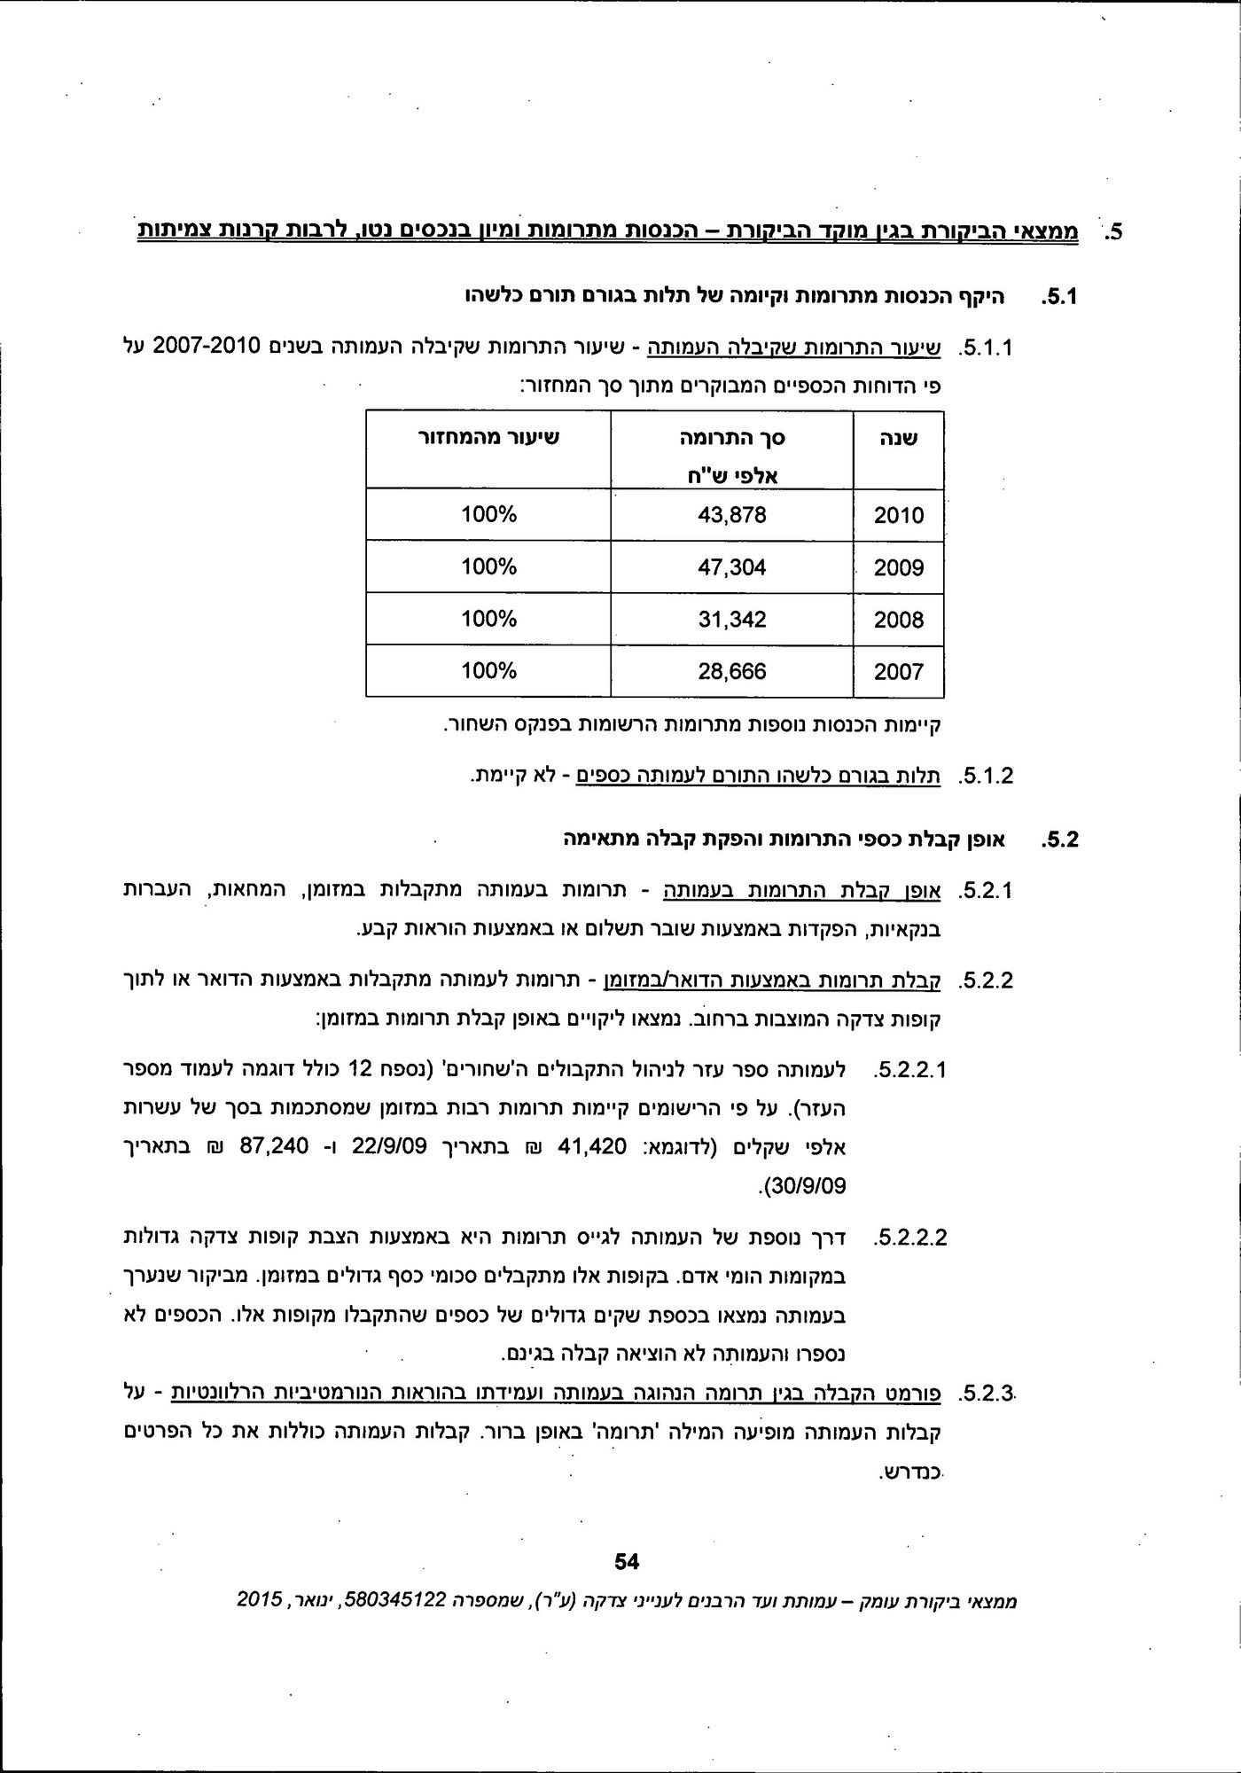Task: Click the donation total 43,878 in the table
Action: (x=731, y=515)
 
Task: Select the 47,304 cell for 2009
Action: (x=731, y=567)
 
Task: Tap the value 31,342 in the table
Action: (x=731, y=619)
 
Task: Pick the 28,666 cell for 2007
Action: (x=731, y=671)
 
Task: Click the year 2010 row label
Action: (x=898, y=516)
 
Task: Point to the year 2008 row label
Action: (x=898, y=620)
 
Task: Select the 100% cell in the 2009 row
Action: (x=488, y=567)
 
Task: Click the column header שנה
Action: (x=899, y=439)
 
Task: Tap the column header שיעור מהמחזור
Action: (x=489, y=438)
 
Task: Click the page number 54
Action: (x=627, y=1561)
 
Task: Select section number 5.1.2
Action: (x=986, y=777)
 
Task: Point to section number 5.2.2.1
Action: (x=910, y=1070)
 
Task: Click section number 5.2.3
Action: (x=986, y=1393)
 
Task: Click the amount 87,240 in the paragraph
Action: (x=274, y=1147)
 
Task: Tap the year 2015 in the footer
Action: (x=260, y=1600)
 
